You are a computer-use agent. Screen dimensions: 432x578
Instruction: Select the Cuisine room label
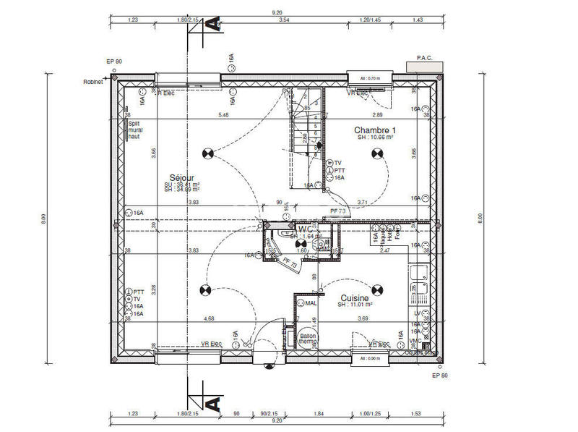[x=355, y=297]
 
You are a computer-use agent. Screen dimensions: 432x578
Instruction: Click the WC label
[x=305, y=229]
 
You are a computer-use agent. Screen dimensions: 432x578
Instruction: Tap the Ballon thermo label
[x=308, y=339]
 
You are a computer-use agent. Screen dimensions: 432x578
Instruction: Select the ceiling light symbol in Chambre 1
[x=376, y=152]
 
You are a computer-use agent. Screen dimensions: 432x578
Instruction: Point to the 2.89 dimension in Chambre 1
[x=377, y=115]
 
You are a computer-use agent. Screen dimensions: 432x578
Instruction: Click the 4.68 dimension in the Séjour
[x=209, y=318]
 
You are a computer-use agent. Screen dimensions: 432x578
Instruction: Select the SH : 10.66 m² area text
[x=373, y=137]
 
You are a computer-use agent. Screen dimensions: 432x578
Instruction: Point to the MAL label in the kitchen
[x=311, y=303]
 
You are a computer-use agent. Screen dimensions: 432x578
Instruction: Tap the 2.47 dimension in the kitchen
[x=385, y=250]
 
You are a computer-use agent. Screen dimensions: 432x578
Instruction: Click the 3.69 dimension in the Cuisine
[x=363, y=318]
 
